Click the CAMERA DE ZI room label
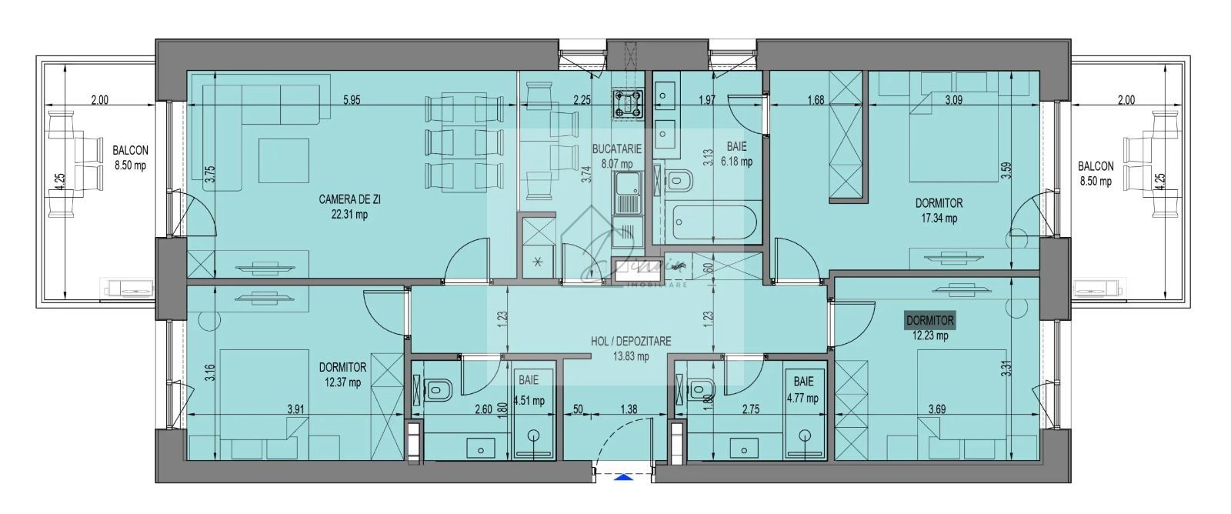click(349, 199)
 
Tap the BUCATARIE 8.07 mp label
click(612, 155)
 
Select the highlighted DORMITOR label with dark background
click(930, 320)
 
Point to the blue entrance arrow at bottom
click(622, 477)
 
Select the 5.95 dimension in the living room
click(351, 99)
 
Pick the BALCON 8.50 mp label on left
click(129, 158)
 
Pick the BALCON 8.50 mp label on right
click(1095, 173)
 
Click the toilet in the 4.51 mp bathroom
click(439, 389)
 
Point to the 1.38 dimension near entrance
click(628, 409)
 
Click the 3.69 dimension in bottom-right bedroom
click(936, 409)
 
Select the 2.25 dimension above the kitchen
click(582, 99)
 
